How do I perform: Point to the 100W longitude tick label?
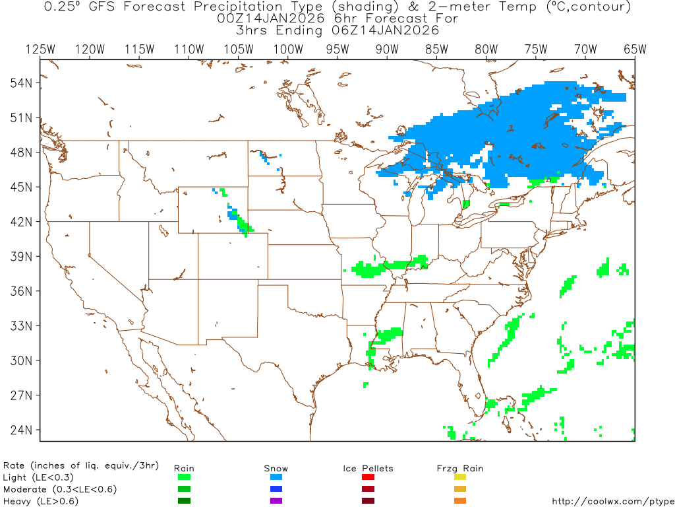(287, 49)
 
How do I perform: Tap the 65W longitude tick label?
(635, 49)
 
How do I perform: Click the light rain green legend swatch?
(184, 477)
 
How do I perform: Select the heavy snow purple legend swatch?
(276, 501)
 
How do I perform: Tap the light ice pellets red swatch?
(368, 477)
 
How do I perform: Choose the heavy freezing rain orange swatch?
(460, 501)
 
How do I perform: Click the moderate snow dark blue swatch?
(276, 489)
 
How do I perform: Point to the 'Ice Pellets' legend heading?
(368, 468)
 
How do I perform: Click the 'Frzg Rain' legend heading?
(460, 468)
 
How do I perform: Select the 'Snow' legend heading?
(276, 468)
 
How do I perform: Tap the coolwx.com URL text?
(612, 501)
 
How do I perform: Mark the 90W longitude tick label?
(387, 49)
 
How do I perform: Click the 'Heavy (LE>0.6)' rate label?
(40, 501)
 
